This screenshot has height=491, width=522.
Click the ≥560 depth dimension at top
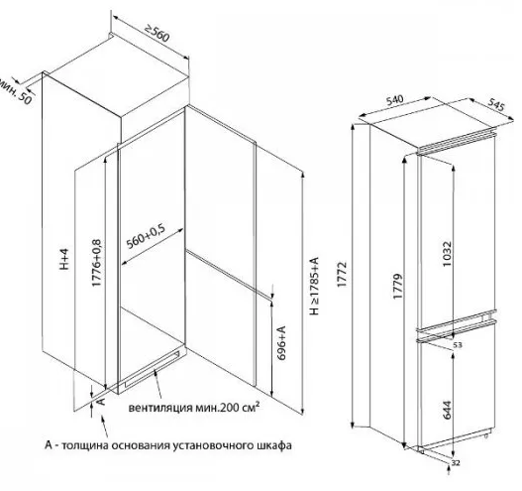[157, 34]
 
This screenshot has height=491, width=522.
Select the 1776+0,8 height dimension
[96, 263]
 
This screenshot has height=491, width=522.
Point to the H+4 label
[64, 259]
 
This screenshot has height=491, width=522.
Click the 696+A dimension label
[281, 343]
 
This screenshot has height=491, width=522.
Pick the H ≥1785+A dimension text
[314, 286]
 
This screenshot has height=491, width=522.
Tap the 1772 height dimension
[342, 275]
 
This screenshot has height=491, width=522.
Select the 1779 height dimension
[397, 287]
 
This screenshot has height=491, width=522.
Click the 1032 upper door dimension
[447, 253]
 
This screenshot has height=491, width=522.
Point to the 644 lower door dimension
[447, 410]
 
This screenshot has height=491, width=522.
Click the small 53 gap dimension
[458, 345]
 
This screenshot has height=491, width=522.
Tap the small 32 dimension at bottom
[456, 463]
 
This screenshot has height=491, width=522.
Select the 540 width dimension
[394, 99]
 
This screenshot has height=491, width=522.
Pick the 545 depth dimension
[496, 105]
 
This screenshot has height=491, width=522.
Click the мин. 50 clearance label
[15, 91]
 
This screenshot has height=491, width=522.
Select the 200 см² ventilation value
[240, 408]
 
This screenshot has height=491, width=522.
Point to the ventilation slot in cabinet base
[153, 369]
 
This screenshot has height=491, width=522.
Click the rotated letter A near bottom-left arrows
[101, 400]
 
